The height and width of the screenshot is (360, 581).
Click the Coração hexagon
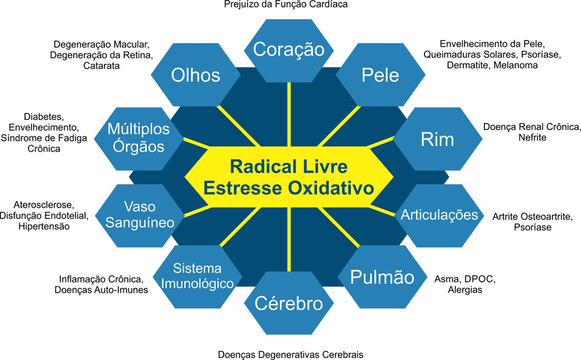[289, 50]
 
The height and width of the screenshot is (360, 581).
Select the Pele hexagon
[380, 75]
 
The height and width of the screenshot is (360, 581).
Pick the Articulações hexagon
[438, 215]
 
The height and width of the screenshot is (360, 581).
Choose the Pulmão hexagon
[382, 278]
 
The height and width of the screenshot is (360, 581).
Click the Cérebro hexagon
[289, 303]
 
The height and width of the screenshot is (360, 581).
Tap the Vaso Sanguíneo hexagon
[140, 214]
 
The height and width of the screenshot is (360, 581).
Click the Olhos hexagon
[196, 75]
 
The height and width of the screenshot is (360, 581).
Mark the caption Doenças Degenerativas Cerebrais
[290, 354]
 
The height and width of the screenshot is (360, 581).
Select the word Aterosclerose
[43, 205]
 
